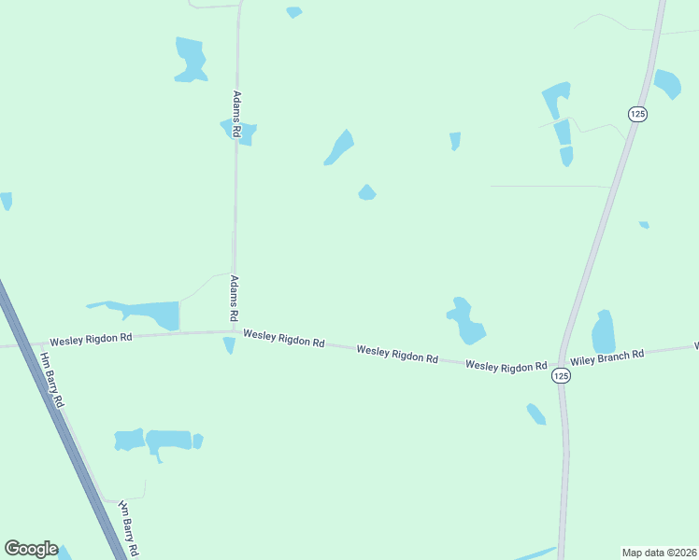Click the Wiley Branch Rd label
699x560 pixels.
(x=607, y=356)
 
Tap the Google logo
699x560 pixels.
(x=31, y=549)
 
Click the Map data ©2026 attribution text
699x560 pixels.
(x=658, y=552)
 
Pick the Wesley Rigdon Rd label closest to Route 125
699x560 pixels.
(x=506, y=367)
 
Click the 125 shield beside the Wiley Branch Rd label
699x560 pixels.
(x=560, y=375)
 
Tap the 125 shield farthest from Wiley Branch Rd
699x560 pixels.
(x=637, y=113)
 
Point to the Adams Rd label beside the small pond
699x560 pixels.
(x=237, y=115)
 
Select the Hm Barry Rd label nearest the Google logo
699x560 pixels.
(x=129, y=525)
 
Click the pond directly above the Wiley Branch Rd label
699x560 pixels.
(x=604, y=332)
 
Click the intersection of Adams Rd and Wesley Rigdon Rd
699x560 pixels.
(x=233, y=330)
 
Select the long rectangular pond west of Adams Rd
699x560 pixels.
(x=150, y=313)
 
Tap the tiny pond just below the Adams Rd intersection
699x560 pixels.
(x=229, y=345)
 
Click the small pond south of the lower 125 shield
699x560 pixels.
(x=536, y=413)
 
